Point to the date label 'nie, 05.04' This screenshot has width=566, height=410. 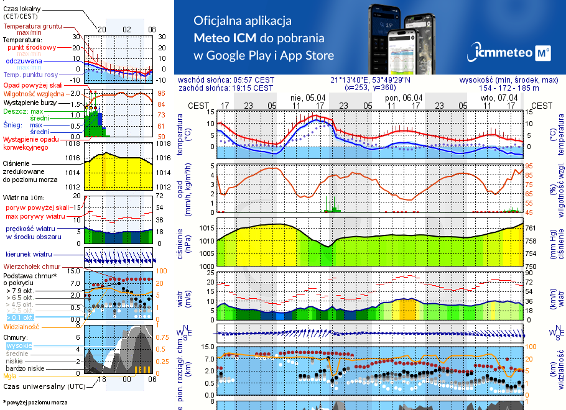308,98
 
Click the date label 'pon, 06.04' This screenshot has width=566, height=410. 404,98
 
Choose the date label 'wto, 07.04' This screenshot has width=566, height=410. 499,98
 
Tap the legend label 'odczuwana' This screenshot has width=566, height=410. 24,61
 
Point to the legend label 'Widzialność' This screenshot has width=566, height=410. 22,326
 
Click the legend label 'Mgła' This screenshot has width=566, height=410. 10,376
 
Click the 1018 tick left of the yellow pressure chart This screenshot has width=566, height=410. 74,143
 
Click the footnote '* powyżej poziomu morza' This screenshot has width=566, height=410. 35,403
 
